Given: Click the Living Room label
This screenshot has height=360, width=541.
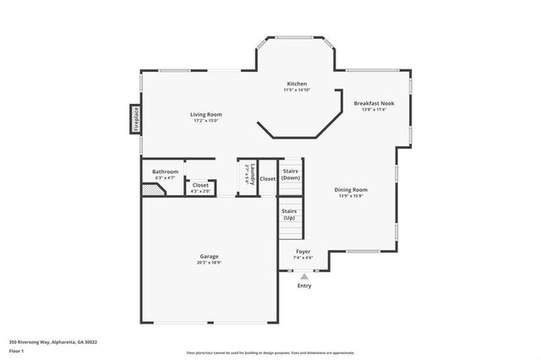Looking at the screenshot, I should point(205,114).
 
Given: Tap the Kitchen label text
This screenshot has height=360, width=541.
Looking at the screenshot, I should point(297,84).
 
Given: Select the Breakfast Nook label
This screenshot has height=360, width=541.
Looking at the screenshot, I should point(374,103).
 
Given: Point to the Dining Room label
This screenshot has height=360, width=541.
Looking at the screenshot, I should point(351,189).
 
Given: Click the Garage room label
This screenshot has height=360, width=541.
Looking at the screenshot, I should point(210,256).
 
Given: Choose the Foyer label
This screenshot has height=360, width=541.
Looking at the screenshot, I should point(303,251).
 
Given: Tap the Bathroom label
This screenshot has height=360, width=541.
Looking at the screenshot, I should point(165,172).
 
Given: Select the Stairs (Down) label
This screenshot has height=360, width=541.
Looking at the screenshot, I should point(291,175).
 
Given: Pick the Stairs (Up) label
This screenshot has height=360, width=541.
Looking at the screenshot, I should point(289,215).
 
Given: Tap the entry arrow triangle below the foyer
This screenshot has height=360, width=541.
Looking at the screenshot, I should point(304,275).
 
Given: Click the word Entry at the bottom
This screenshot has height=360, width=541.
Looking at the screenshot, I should point(304,286).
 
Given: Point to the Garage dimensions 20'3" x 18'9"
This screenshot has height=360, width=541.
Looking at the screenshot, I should point(210,263).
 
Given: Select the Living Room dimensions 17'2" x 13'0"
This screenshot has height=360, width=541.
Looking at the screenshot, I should point(205,121).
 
